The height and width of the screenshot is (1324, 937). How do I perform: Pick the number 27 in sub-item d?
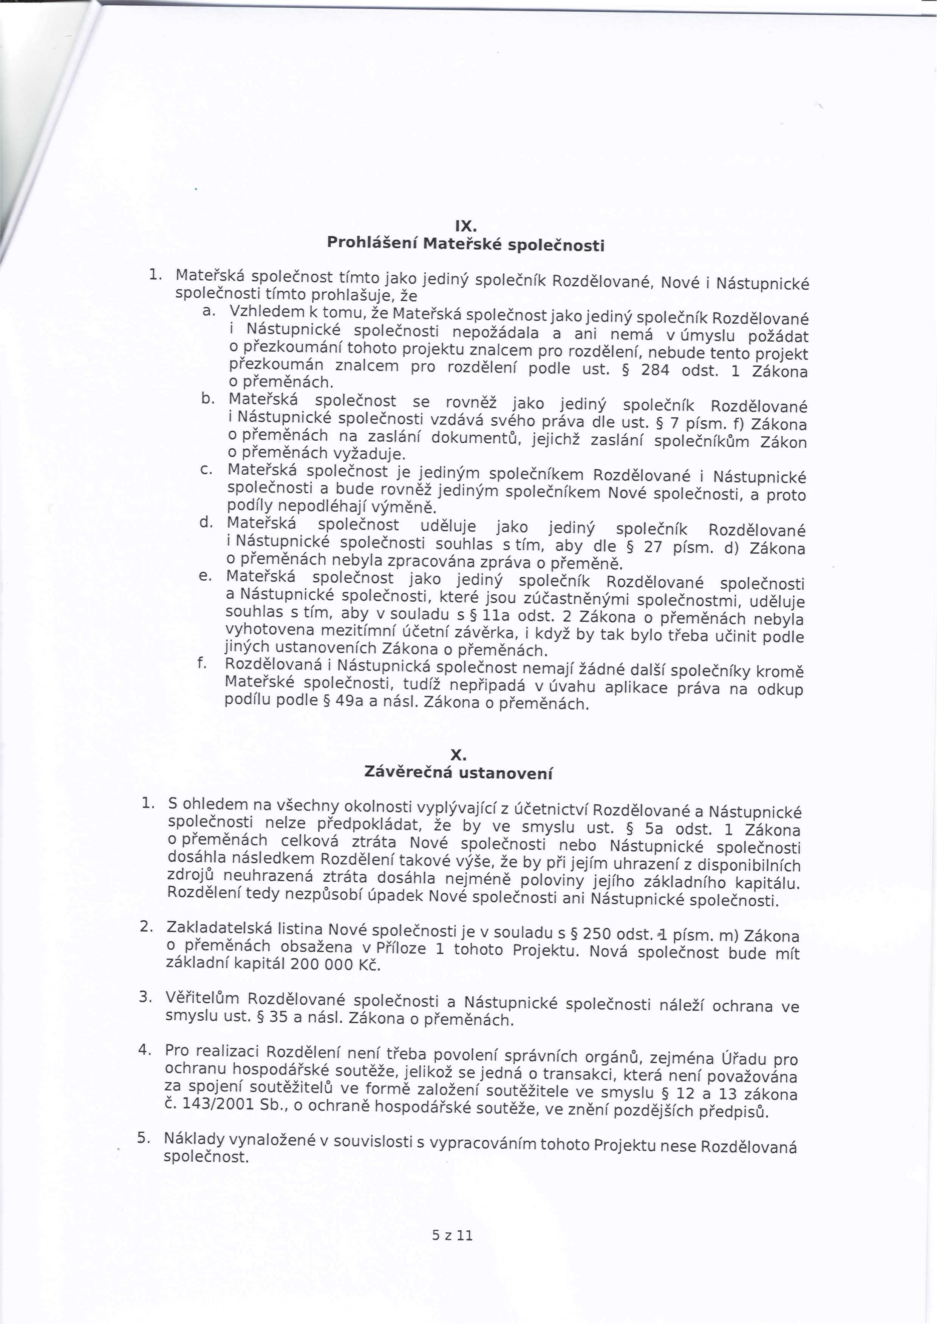[x=652, y=547]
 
